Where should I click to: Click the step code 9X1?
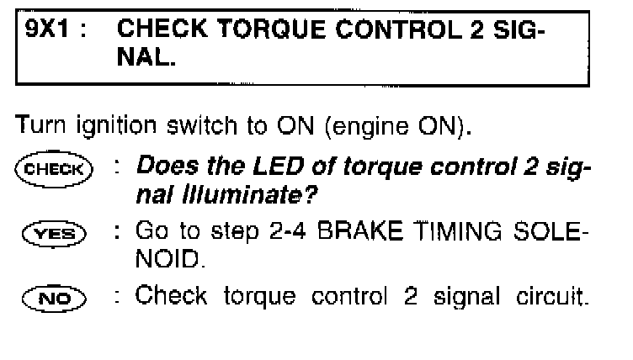click(47, 29)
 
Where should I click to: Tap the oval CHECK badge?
click(54, 169)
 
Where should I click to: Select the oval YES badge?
click(54, 234)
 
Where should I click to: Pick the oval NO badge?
click(54, 299)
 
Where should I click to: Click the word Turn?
click(40, 124)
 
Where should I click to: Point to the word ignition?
click(116, 127)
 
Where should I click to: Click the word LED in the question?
click(278, 166)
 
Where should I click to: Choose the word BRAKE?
click(360, 231)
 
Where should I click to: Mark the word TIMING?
click(459, 231)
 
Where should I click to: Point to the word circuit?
click(552, 296)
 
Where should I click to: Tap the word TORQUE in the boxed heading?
click(271, 29)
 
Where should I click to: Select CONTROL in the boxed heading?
click(399, 29)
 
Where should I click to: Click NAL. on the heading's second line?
click(146, 57)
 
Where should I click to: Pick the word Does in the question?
click(168, 166)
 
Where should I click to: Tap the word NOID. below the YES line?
click(170, 259)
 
